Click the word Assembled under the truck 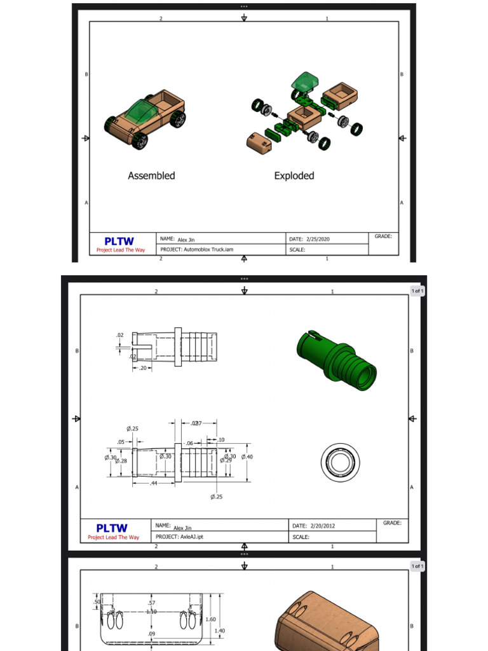151,176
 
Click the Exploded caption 294,176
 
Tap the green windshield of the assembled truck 140,113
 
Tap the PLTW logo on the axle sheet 112,528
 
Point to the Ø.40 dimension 247,456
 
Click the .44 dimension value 154,484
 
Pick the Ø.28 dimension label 121,460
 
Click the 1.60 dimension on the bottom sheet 211,619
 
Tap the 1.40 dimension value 220,631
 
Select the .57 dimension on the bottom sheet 151,603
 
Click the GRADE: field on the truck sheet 383,236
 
